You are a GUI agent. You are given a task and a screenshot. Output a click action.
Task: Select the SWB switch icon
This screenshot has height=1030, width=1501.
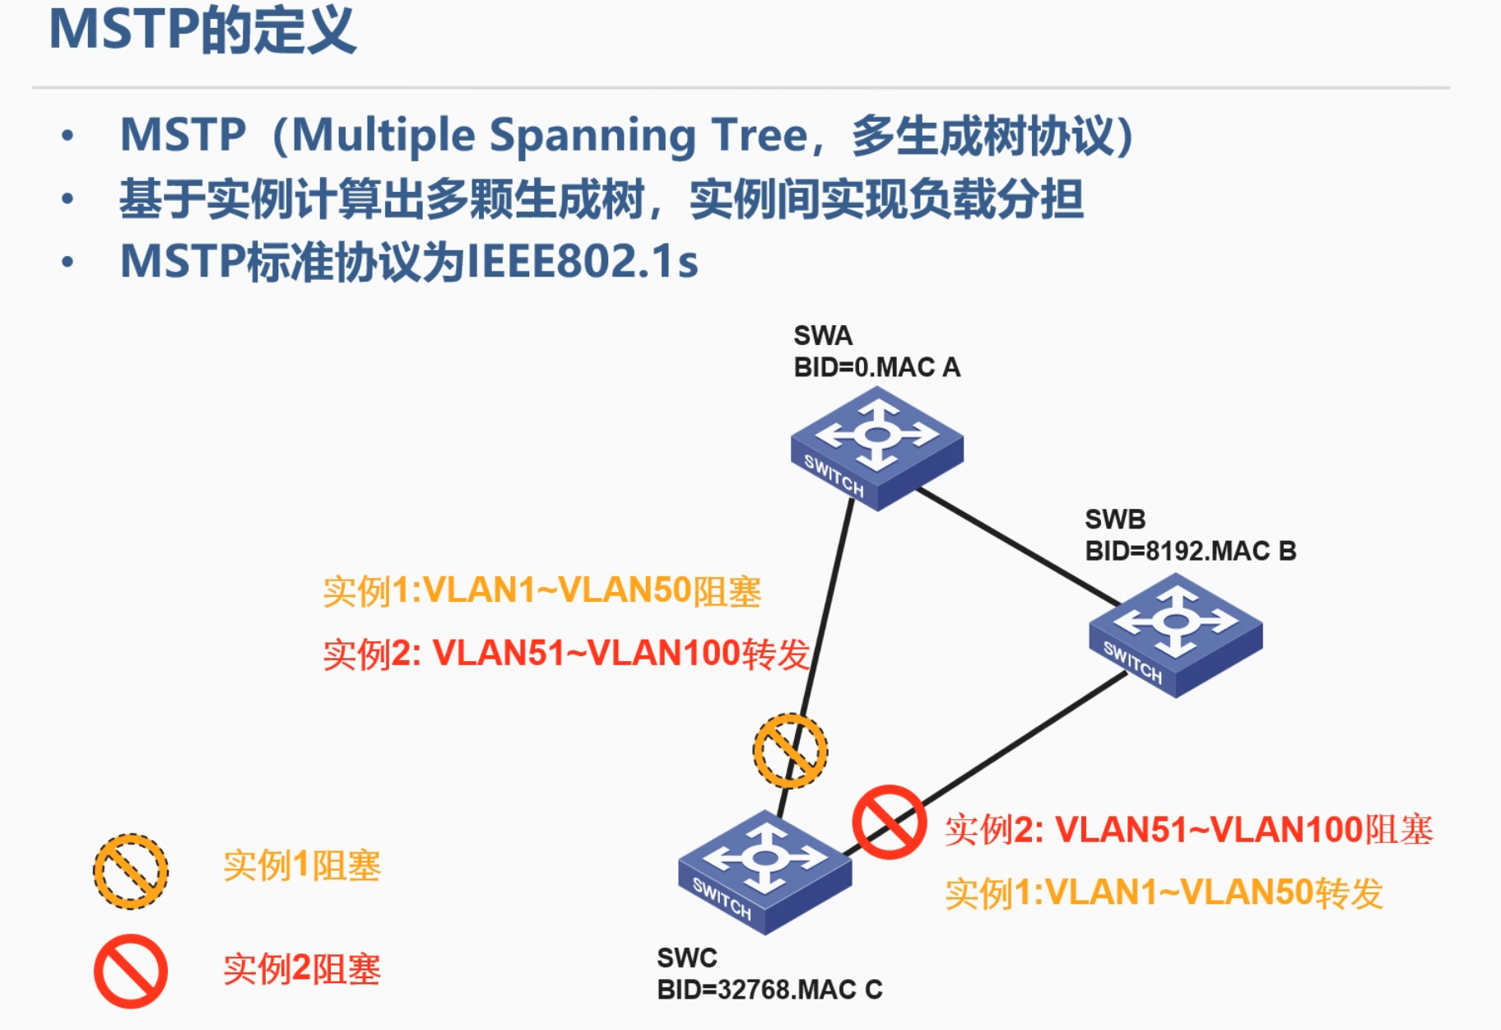click(x=1176, y=635)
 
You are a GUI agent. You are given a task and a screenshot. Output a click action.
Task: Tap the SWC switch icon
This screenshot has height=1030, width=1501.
click(x=765, y=872)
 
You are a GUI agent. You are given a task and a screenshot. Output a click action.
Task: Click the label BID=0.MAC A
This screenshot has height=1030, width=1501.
click(x=876, y=367)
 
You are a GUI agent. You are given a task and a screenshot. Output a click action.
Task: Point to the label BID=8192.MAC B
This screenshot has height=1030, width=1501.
click(x=1191, y=551)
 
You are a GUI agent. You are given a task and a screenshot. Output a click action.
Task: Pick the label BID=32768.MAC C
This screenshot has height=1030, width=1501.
click(x=769, y=989)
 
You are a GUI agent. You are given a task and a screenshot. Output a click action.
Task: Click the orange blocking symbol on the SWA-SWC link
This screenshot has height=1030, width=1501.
click(x=791, y=751)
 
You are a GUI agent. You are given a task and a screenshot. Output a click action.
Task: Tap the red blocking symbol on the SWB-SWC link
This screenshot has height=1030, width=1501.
click(x=890, y=822)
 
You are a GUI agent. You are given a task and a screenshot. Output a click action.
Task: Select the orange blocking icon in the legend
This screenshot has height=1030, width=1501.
click(x=131, y=871)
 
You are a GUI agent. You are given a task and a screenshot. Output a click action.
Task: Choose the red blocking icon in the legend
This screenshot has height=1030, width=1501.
click(x=131, y=972)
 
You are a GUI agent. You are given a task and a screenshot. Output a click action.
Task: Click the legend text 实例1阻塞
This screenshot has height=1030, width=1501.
click(x=302, y=866)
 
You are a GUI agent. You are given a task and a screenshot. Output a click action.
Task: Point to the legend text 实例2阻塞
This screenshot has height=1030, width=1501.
click(x=302, y=969)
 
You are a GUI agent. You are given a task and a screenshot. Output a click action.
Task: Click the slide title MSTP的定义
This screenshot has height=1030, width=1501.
click(x=202, y=30)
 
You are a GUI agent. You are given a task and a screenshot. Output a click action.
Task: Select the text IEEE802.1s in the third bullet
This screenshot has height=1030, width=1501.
click(x=582, y=262)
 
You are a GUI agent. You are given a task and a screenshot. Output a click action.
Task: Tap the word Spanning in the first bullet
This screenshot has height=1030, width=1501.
click(x=592, y=137)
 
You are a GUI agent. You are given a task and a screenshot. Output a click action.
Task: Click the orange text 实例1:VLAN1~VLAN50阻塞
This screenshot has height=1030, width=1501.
click(x=542, y=591)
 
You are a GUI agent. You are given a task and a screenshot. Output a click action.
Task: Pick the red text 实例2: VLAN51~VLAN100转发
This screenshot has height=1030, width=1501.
click(x=567, y=654)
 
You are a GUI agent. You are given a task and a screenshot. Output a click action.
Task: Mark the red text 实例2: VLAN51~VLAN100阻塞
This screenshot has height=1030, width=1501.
click(x=1189, y=830)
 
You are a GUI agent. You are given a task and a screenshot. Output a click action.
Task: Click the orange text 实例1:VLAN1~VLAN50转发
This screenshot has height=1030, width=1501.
click(x=1164, y=893)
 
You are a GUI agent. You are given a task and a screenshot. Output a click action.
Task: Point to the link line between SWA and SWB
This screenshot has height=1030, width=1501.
click(x=1019, y=547)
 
